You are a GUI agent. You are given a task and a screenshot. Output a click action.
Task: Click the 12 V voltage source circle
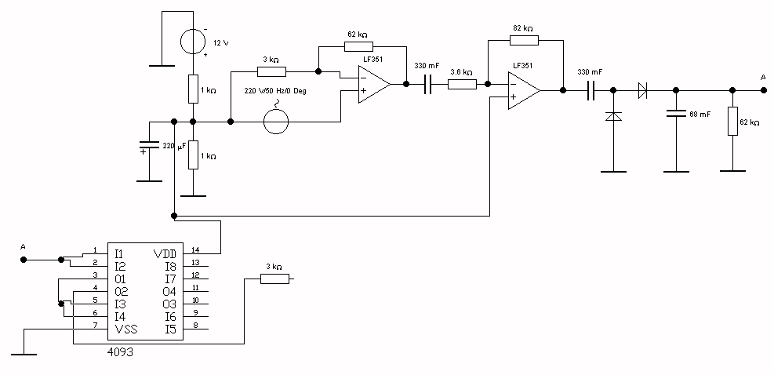(194, 41)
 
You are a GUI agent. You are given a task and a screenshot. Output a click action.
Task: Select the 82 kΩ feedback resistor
(525, 39)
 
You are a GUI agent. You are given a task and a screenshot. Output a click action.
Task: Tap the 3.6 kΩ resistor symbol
(461, 85)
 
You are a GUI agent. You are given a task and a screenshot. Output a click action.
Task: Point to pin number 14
(195, 249)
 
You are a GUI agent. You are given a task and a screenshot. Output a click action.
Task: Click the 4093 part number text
(120, 352)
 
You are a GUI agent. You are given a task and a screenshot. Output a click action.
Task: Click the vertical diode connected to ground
(613, 116)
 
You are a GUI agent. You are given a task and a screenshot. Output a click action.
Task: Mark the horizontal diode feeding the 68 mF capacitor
(643, 90)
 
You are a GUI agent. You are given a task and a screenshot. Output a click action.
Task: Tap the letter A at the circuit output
(762, 77)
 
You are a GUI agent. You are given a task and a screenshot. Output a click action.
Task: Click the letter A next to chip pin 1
(23, 248)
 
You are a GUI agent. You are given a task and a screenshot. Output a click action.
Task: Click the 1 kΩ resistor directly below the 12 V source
(193, 89)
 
